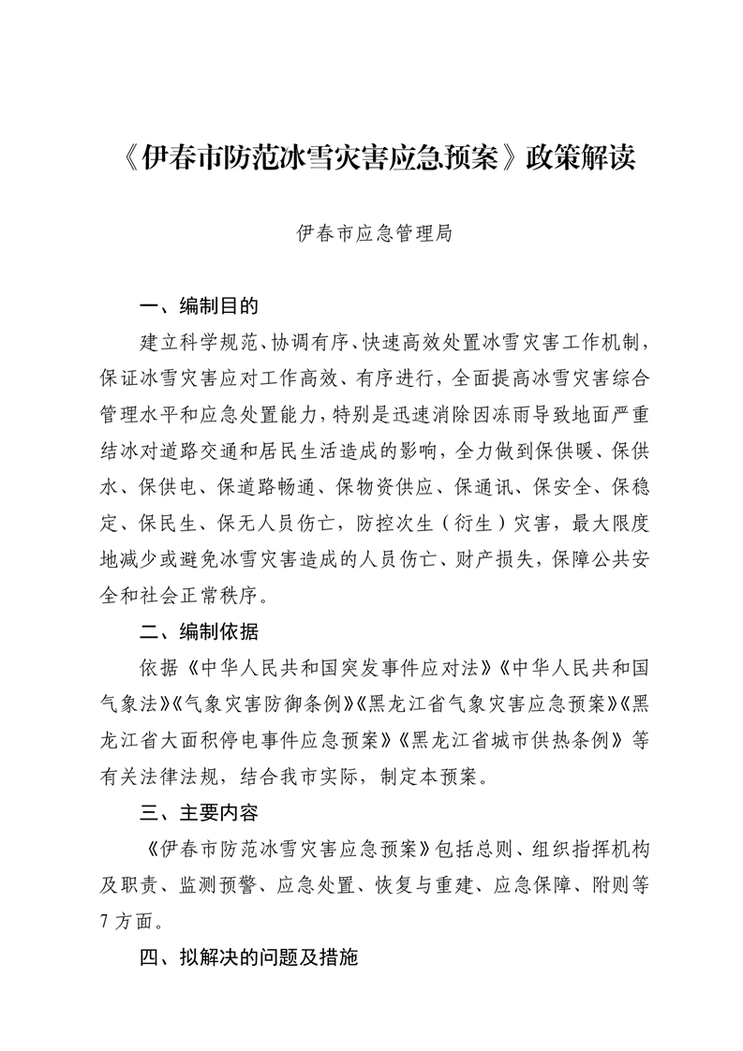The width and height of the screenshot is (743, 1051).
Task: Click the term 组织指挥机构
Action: point(594,848)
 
